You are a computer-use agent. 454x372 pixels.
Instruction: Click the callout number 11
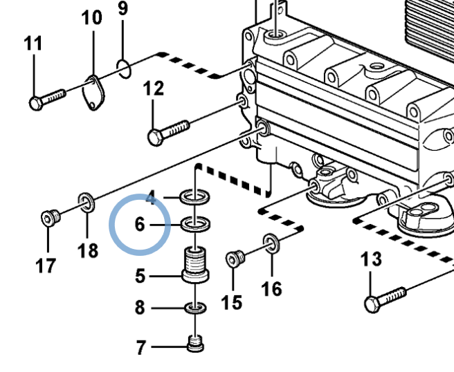click(x=33, y=44)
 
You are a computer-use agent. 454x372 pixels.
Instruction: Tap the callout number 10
click(x=91, y=17)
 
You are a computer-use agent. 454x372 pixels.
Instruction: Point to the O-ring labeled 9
click(x=122, y=68)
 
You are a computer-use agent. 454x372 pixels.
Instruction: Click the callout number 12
click(x=154, y=89)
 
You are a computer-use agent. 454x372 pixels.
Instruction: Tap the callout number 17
click(x=46, y=266)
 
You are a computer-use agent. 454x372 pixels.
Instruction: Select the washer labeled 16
click(x=271, y=242)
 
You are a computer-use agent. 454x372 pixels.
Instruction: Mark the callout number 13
click(x=372, y=260)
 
